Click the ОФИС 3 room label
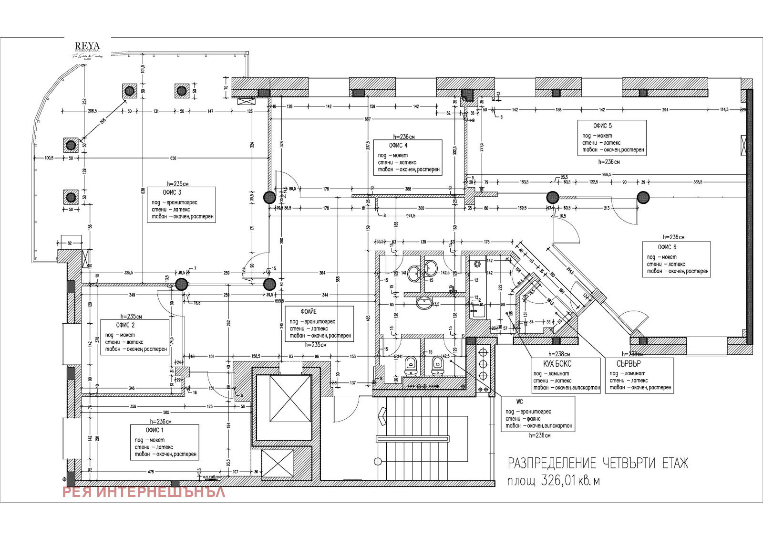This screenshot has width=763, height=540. coord(172,192)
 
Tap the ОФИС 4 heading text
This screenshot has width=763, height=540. coord(398,145)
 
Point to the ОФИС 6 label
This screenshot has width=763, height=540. coord(667,247)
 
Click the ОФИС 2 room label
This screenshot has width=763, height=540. coord(125,325)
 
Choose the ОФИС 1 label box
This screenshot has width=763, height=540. coord(155,430)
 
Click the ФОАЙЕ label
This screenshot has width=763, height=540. coord(309,311)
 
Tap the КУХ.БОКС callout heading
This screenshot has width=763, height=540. coord(557,364)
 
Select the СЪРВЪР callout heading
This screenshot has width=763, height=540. coord(629,363)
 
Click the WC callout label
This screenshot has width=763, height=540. coord(519,402)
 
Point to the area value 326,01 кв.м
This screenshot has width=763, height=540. coord(554,481)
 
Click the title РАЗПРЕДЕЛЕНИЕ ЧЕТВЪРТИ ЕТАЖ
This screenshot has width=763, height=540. coord(598,463)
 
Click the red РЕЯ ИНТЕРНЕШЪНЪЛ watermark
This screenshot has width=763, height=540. coord(144,492)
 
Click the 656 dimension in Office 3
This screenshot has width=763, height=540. coord(173,158)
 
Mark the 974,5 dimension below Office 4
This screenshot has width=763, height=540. coord(410,216)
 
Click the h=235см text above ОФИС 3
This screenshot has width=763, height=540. coord(177,184)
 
